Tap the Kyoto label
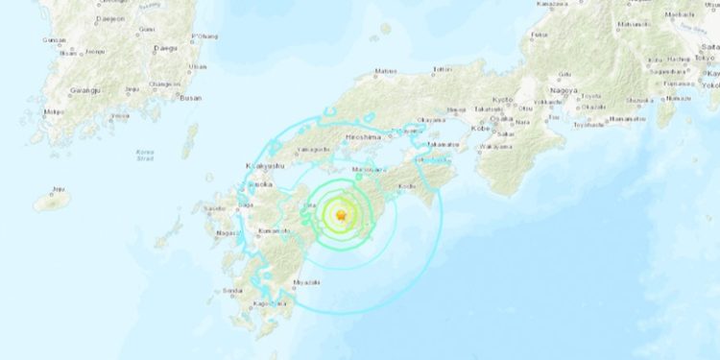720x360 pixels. pyautogui.click(x=504, y=100)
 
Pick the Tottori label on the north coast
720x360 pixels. pyautogui.click(x=443, y=70)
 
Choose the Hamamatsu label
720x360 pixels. pyautogui.click(x=628, y=118)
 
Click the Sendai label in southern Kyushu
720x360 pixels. pyautogui.click(x=231, y=290)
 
